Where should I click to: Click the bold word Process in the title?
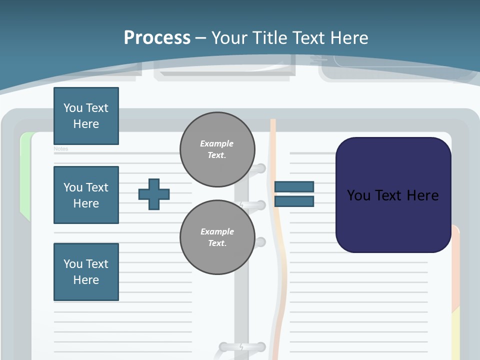(157, 38)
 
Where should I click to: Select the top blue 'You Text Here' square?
(86, 116)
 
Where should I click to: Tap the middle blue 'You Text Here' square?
(86, 195)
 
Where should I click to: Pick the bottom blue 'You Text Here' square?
(86, 272)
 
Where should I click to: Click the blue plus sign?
(154, 194)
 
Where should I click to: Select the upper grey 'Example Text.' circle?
(217, 149)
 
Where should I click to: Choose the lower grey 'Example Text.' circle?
(217, 237)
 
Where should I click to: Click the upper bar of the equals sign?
(294, 186)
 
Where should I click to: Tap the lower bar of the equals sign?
(294, 201)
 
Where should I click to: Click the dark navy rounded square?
(393, 195)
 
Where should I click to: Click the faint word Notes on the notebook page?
(61, 149)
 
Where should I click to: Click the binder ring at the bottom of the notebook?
(242, 347)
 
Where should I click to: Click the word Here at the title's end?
(349, 38)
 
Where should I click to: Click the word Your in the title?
(229, 38)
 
